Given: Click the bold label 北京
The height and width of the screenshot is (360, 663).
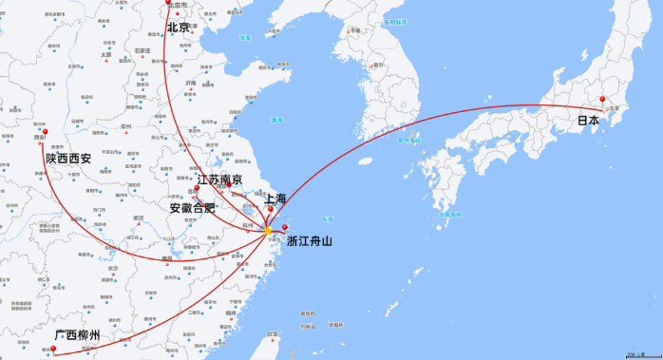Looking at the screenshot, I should (179, 28).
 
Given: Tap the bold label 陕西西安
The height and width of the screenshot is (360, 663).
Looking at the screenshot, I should (68, 158).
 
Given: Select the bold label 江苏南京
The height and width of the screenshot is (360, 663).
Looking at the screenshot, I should (219, 180).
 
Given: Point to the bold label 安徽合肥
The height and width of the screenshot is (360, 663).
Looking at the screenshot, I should (193, 208).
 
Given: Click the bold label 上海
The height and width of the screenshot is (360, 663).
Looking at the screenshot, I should (275, 199).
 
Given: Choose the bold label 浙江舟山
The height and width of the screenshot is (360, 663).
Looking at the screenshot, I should (310, 241).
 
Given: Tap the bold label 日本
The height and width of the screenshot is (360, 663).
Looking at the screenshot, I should (588, 121).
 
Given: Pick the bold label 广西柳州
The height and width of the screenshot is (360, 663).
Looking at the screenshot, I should (77, 336).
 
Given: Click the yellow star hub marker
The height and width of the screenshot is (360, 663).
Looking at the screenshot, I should (268, 230).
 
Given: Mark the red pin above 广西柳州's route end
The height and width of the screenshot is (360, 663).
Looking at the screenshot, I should (53, 350).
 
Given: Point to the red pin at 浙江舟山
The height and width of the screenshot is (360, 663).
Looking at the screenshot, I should (285, 227).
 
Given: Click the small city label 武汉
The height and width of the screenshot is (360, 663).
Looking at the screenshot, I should (139, 218).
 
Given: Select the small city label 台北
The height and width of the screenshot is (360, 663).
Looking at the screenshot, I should (273, 333).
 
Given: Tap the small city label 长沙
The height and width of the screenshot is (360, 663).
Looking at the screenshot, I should (114, 269).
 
